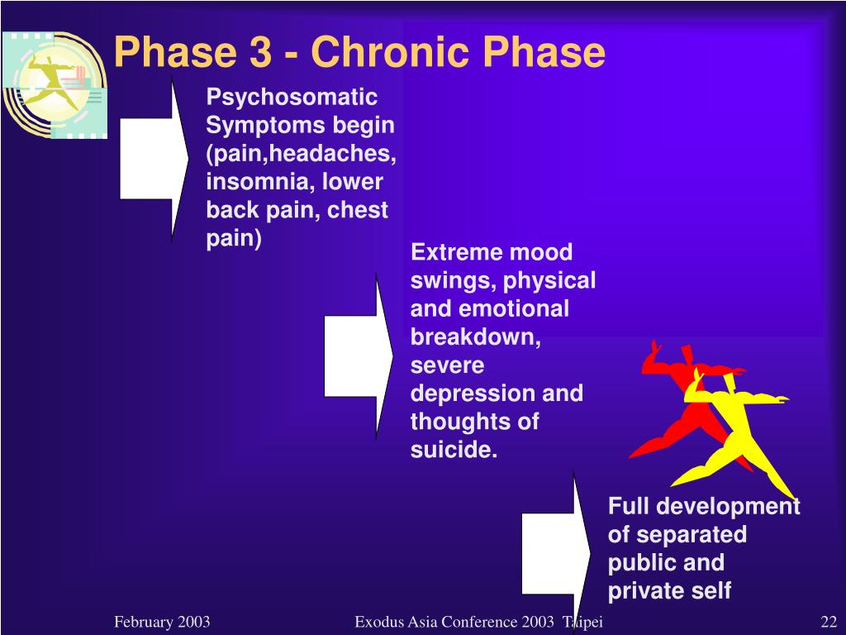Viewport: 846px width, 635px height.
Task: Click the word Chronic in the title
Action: click(391, 52)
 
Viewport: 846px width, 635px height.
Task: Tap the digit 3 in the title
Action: click(260, 52)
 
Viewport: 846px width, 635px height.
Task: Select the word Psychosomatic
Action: click(292, 98)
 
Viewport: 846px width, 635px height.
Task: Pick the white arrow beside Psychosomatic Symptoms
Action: click(154, 159)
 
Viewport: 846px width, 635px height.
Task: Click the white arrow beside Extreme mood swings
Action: click(359, 356)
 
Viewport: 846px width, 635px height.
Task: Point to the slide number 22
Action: click(829, 622)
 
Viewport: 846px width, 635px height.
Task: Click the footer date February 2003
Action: click(162, 622)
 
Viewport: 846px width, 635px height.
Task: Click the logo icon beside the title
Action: click(54, 85)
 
